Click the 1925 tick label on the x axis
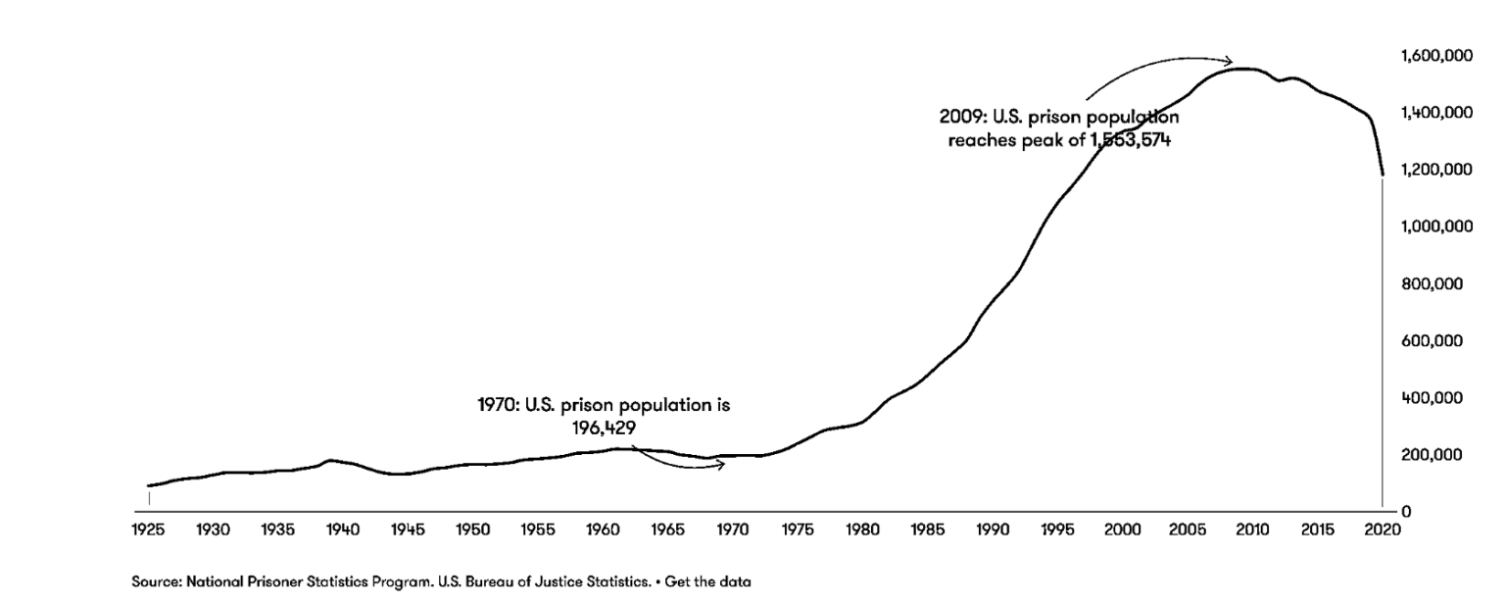[149, 530]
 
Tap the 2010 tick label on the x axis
[1252, 530]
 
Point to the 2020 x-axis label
[1382, 530]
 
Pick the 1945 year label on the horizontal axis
[408, 530]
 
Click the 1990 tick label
[993, 530]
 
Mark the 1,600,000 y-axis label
[1437, 57]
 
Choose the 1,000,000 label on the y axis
[1437, 227]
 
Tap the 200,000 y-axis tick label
[1441, 455]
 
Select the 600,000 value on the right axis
[1441, 341]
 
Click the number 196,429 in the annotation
[604, 427]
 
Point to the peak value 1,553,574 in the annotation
[1131, 139]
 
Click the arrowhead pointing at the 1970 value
[721, 465]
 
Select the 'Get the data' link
[708, 581]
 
